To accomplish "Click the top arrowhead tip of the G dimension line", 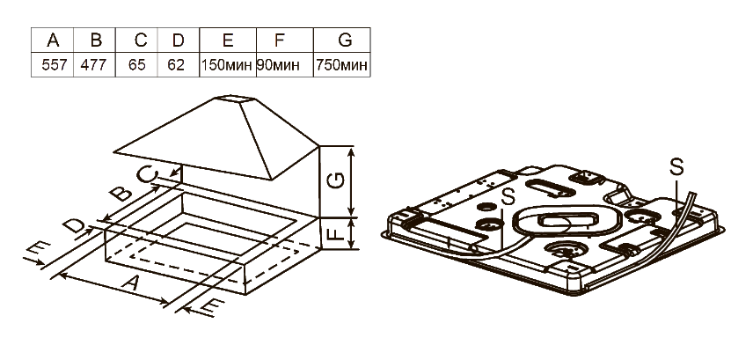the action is (x=353, y=146).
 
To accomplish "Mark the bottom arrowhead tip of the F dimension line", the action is (x=353, y=248).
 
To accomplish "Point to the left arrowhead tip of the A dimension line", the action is (x=59, y=274).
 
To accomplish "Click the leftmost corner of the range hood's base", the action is (x=113, y=151).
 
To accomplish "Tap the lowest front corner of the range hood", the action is (x=271, y=180).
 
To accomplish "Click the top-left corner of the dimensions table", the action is (x=32, y=27).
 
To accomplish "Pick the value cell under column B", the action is (x=94, y=65).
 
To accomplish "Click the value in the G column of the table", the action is (x=341, y=65).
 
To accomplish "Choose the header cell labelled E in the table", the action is (x=228, y=40).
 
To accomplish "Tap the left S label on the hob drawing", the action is (x=508, y=196).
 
